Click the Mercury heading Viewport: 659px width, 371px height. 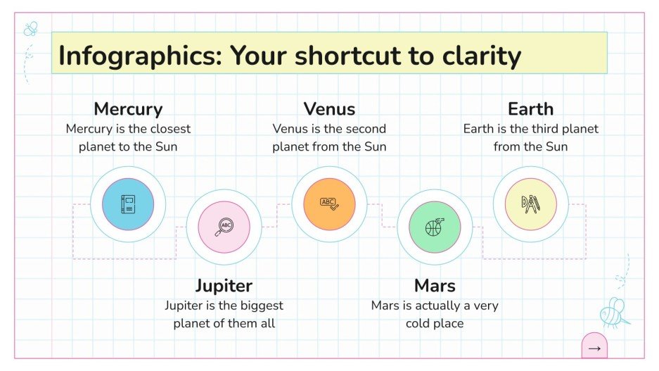coord(128,109)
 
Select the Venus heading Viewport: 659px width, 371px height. coord(329,109)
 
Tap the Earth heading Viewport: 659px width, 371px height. coord(530,109)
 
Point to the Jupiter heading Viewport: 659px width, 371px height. coord(224,286)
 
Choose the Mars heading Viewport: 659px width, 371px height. coord(435,286)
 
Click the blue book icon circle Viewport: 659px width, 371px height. coord(128,204)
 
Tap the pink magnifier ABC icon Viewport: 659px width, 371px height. coord(224,227)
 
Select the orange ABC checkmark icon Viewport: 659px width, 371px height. coord(329,204)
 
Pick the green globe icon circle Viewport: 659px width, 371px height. coord(435,227)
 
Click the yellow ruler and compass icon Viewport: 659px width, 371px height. coord(530,204)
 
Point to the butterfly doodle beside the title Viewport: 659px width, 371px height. coord(31,30)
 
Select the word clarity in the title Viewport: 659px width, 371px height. coord(479,56)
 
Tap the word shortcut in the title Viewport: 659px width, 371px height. coord(351,56)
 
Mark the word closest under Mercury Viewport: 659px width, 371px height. coord(171,129)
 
